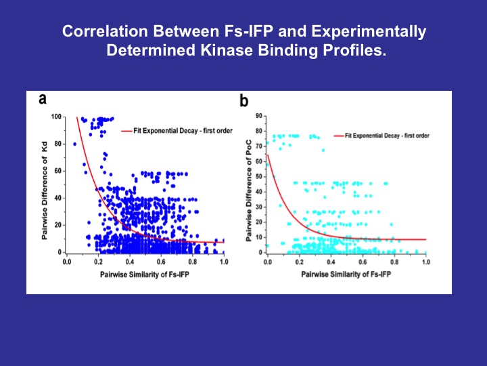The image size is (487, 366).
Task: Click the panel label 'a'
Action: click(x=43, y=100)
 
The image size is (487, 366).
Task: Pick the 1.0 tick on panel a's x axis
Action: click(x=224, y=260)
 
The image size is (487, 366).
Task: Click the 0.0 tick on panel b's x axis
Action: click(x=268, y=262)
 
